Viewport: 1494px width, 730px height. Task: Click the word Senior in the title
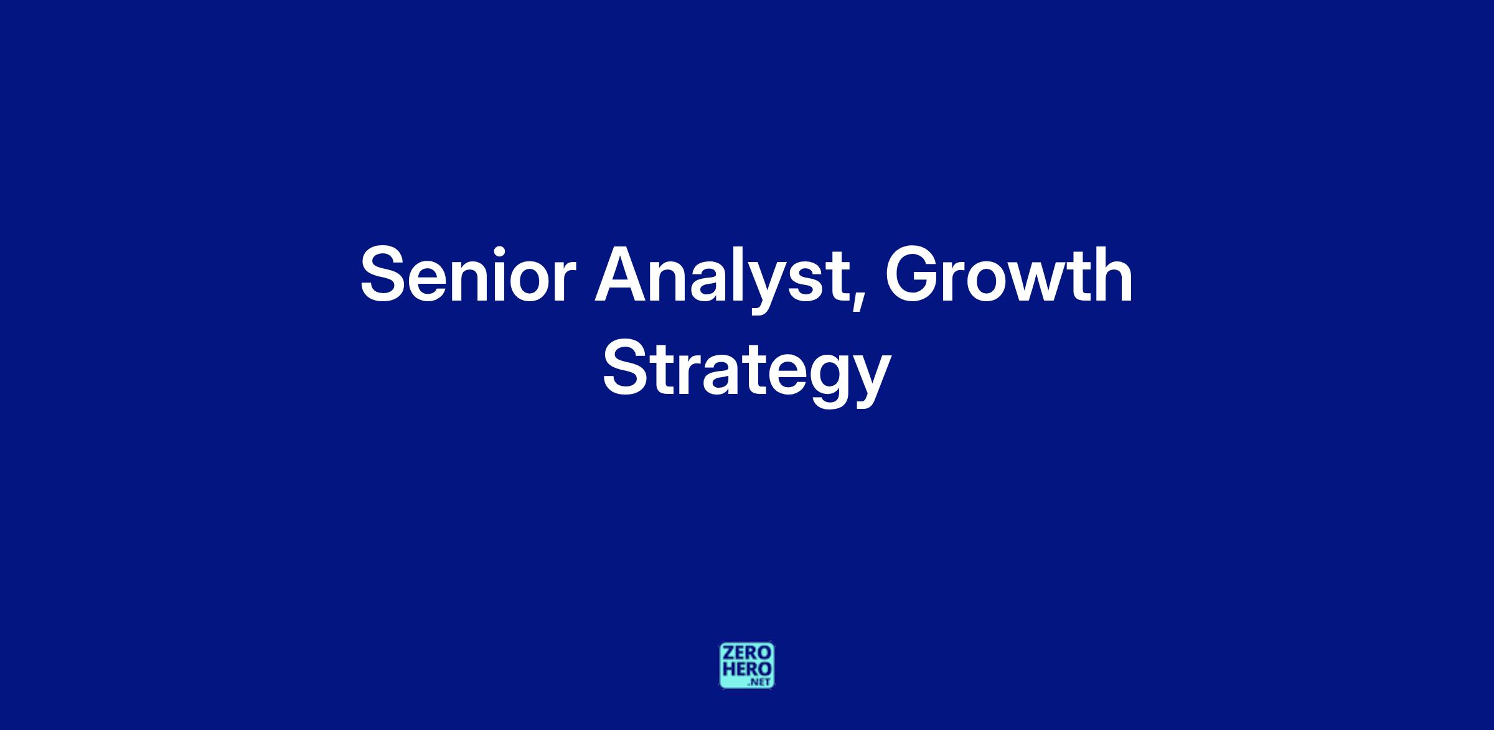pyautogui.click(x=464, y=274)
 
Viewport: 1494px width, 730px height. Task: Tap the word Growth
pyautogui.click(x=1009, y=274)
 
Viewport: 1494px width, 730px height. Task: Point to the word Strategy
pyautogui.click(x=746, y=372)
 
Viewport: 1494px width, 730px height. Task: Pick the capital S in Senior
pyautogui.click(x=385, y=274)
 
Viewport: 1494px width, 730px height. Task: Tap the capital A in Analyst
pyautogui.click(x=623, y=274)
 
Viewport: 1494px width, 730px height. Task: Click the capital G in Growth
pyautogui.click(x=913, y=274)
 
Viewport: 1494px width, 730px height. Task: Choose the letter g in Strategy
pyautogui.click(x=823, y=380)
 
